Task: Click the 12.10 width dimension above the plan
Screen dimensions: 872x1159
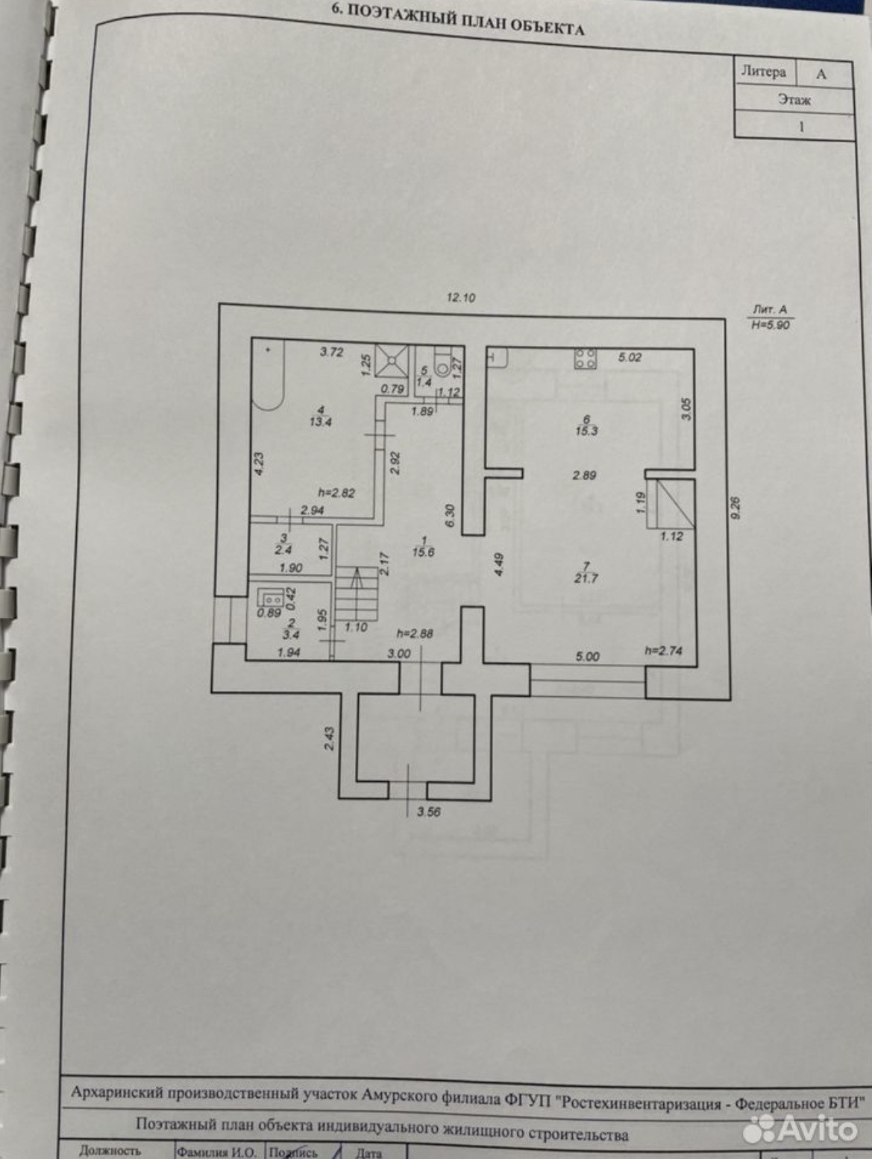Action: [460, 297]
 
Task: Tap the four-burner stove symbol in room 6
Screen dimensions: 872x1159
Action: [584, 359]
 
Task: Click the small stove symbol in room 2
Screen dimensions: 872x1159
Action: [270, 598]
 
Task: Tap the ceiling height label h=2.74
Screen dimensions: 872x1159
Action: [663, 651]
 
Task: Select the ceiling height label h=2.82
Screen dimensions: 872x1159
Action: [336, 492]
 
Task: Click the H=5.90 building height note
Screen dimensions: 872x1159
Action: [771, 325]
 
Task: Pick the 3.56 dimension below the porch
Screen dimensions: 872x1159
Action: [428, 812]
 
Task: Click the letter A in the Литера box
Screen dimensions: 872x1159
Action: [821, 75]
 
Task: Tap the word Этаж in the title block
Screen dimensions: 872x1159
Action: [794, 99]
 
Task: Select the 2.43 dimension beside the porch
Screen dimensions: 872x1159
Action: [330, 738]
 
